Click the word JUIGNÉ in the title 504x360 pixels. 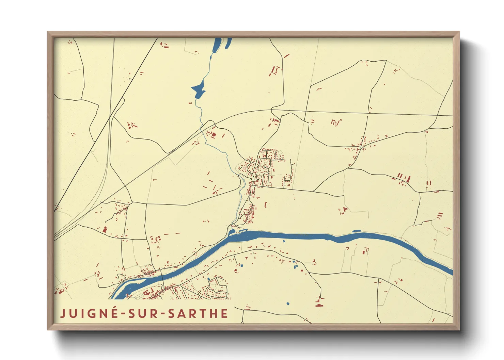tap(89, 313)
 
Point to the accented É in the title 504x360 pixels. tap(113, 313)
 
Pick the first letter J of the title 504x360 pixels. tap(63, 313)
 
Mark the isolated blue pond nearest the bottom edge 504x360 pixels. tap(288, 303)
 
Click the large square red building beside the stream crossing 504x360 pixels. tap(214, 134)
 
